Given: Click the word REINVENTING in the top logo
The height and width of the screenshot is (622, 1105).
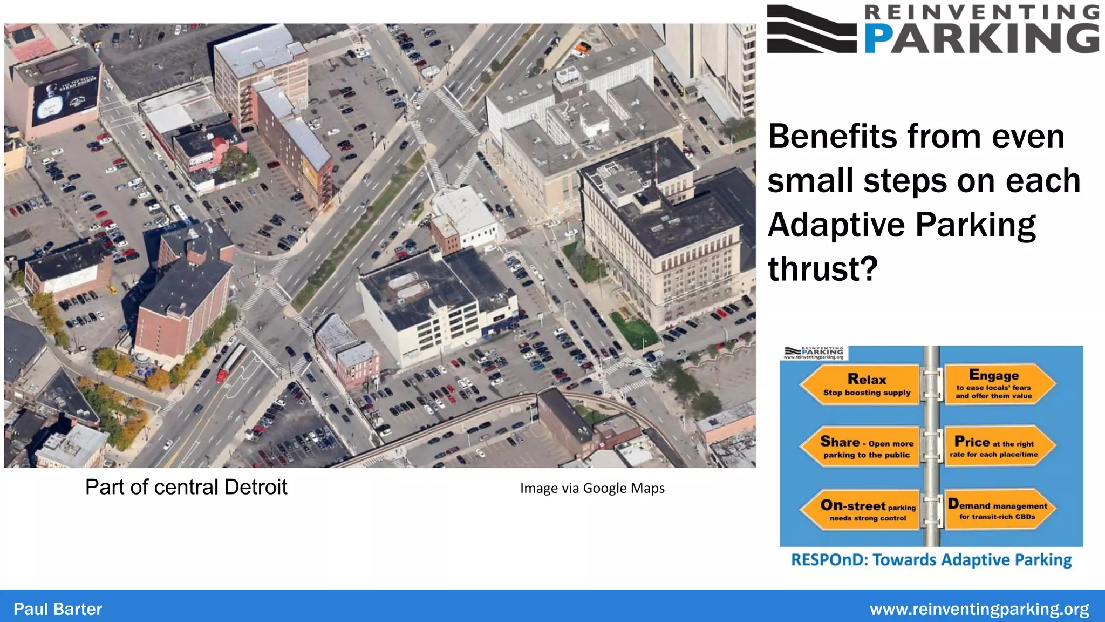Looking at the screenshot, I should pyautogui.click(x=982, y=12).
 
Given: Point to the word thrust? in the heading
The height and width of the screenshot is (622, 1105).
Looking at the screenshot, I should pyautogui.click(x=823, y=269).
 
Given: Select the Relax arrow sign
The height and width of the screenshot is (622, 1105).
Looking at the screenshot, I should pyautogui.click(x=861, y=384).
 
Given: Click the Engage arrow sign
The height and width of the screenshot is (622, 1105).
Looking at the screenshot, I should pyautogui.click(x=998, y=384).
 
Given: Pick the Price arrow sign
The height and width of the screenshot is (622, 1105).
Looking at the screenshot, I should pyautogui.click(x=998, y=446).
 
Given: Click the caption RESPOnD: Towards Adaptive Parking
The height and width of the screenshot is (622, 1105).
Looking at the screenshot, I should pyautogui.click(x=931, y=560).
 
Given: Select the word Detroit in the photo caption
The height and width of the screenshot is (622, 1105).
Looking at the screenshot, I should pyautogui.click(x=256, y=487).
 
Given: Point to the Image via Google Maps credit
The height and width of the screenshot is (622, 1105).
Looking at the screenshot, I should pyautogui.click(x=592, y=488).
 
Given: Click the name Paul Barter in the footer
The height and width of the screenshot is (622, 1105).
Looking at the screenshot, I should pyautogui.click(x=58, y=609).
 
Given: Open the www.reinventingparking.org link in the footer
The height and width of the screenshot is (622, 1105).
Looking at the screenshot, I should pyautogui.click(x=979, y=609).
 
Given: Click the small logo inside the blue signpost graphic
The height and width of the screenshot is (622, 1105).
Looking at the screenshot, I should pyautogui.click(x=815, y=353).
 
